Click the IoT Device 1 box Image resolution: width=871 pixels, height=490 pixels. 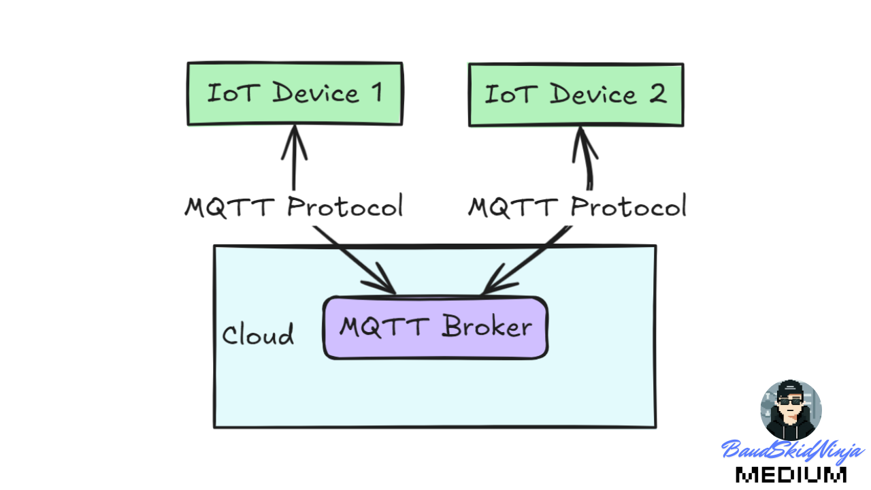(x=295, y=94)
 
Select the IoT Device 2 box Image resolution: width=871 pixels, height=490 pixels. (x=576, y=95)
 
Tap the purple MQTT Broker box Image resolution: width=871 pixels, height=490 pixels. (x=435, y=327)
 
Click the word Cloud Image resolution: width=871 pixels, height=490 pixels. (x=258, y=335)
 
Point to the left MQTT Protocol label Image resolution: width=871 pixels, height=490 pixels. (x=294, y=206)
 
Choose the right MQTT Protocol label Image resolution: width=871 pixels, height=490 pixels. (x=577, y=206)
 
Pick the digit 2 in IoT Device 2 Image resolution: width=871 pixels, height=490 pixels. (x=657, y=94)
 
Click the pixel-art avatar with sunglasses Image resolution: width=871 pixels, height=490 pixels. (x=791, y=410)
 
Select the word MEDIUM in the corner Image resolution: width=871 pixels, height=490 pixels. (x=791, y=474)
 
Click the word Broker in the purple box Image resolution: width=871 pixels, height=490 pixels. (x=487, y=327)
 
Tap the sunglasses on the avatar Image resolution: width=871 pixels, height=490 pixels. (x=790, y=402)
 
